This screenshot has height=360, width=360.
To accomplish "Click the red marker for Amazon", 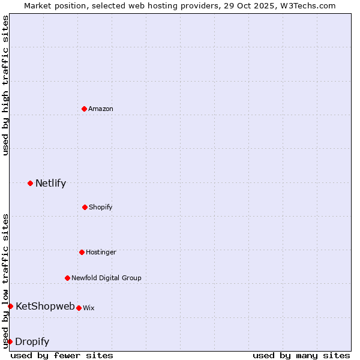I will pyautogui.click(x=84, y=109).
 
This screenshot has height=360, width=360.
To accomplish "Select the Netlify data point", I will pyautogui.click(x=30, y=183).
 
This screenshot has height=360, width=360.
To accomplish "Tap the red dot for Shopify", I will pyautogui.click(x=85, y=207).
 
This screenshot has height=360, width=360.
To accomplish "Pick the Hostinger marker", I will pyautogui.click(x=82, y=252).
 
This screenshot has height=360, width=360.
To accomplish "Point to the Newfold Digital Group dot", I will pyautogui.click(x=67, y=278).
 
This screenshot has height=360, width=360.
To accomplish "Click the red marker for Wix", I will pyautogui.click(x=79, y=308).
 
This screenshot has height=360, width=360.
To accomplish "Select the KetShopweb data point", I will pyautogui.click(x=10, y=306).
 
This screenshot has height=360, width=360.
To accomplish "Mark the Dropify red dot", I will pyautogui.click(x=10, y=341).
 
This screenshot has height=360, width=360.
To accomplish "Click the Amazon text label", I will pyautogui.click(x=101, y=109).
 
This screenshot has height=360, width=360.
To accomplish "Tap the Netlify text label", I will pyautogui.click(x=50, y=184).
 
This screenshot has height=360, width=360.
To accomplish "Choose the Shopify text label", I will pyautogui.click(x=101, y=207).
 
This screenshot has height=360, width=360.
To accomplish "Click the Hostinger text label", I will pyautogui.click(x=101, y=252).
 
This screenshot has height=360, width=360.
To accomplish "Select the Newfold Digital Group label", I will pyautogui.click(x=106, y=278).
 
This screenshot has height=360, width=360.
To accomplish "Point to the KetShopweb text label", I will pyautogui.click(x=45, y=306).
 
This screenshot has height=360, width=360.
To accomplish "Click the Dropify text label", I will pyautogui.click(x=32, y=342).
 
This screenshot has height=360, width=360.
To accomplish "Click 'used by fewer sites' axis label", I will pyautogui.click(x=62, y=355).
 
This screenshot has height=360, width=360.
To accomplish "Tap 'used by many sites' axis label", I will pyautogui.click(x=301, y=355).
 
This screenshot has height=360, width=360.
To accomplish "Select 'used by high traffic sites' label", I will pyautogui.click(x=5, y=85).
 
